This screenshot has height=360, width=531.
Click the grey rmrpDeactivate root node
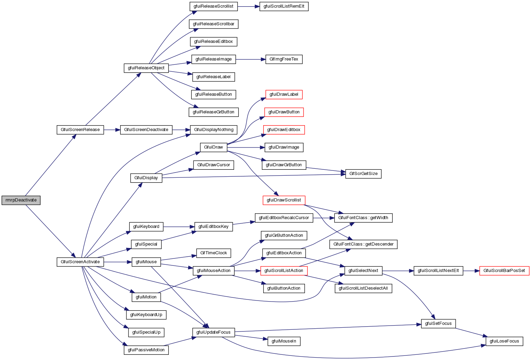(21, 200)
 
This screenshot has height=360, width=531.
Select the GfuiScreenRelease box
(80, 130)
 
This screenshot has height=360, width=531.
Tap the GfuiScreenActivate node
(80, 262)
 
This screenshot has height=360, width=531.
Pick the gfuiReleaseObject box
(146, 68)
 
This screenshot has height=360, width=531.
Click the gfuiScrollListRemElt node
(284, 6)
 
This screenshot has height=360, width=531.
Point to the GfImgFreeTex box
(284, 59)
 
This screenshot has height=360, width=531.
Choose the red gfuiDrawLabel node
(284, 94)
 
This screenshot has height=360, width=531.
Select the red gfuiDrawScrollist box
(284, 200)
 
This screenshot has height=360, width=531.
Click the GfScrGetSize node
(363, 174)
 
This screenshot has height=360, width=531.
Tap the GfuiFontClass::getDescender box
(363, 244)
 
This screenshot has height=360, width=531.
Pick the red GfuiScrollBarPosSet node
(504, 271)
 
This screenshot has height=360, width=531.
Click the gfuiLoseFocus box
(504, 341)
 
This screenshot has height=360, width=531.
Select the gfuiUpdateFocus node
(213, 332)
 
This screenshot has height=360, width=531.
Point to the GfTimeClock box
(213, 253)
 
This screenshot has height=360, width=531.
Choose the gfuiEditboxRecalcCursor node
(284, 218)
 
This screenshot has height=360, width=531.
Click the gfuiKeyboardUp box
(146, 315)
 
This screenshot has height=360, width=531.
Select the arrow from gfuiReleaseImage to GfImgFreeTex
(250, 59)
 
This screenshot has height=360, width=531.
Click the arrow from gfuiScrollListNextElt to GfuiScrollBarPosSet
(471, 271)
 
